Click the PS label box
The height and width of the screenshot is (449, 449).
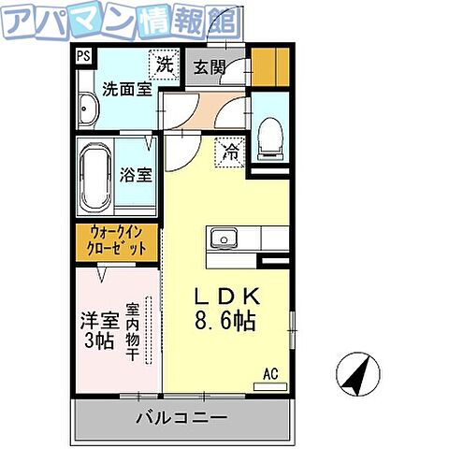click(x=84, y=55)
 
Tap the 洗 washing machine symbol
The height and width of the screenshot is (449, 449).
click(x=165, y=65)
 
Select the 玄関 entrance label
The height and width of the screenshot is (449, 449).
click(x=210, y=66)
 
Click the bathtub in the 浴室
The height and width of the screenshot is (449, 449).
click(x=95, y=177)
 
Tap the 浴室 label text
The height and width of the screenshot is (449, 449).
click(x=137, y=175)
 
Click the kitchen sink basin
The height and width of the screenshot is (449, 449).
click(x=224, y=239)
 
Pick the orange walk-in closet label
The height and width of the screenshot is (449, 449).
click(x=118, y=241)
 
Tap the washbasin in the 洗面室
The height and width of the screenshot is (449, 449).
click(x=89, y=110)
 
